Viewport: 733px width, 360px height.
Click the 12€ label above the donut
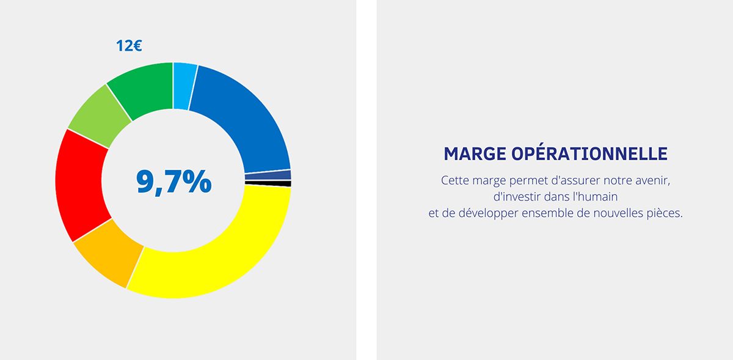[129, 45]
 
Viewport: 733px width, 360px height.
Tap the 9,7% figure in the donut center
[173, 182]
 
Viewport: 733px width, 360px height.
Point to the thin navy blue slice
[268, 175]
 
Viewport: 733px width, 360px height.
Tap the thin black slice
[268, 184]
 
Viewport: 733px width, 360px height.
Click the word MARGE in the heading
[475, 154]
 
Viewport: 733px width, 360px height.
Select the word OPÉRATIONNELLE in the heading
[589, 153]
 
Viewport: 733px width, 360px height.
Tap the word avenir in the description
[652, 180]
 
